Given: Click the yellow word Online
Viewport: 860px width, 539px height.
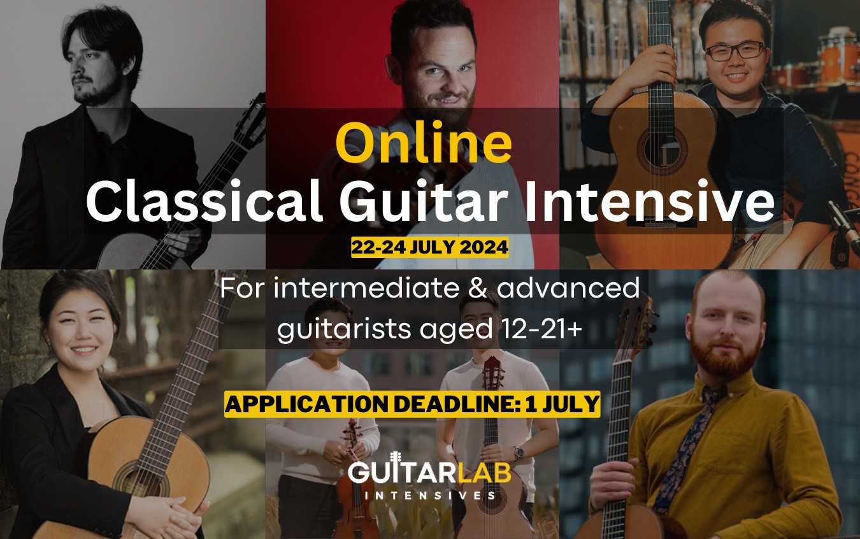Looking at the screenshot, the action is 424,143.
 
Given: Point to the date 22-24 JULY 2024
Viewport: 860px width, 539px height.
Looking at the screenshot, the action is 429,247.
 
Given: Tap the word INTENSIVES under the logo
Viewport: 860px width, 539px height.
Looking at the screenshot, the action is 429,495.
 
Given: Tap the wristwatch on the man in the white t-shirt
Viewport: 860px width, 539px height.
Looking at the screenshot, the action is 519,452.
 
